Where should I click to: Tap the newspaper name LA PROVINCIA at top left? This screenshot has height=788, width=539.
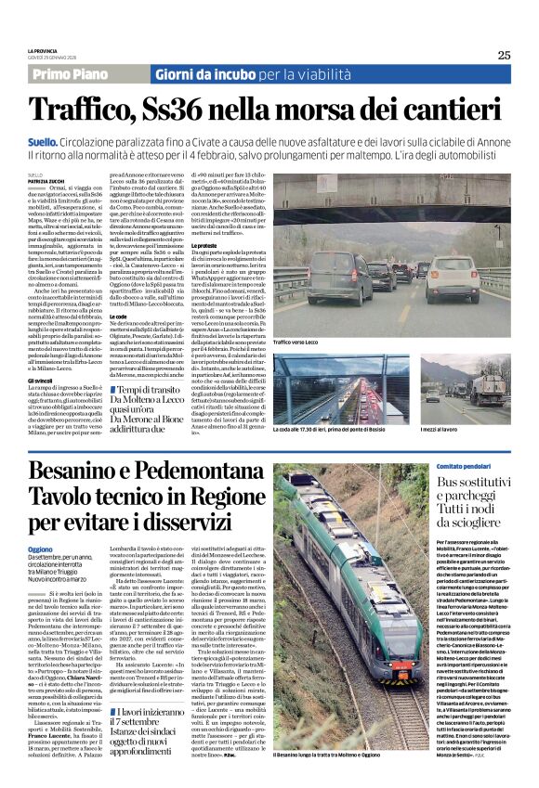(x=44, y=50)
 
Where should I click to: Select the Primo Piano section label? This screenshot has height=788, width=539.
(x=70, y=73)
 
